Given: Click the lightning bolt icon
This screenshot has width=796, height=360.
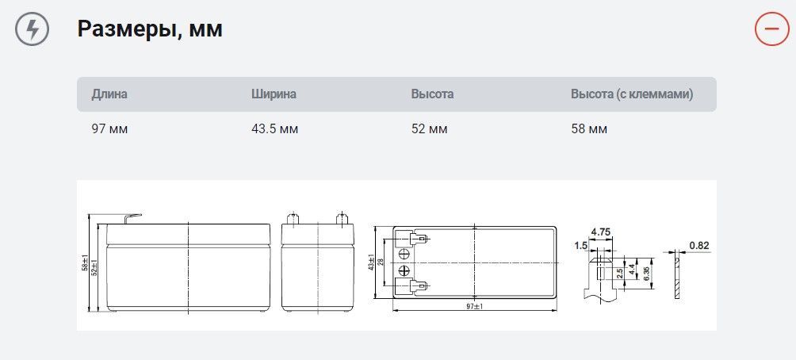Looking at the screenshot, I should pyautogui.click(x=33, y=29).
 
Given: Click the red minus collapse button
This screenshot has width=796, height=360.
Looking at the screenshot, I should pyautogui.click(x=771, y=29).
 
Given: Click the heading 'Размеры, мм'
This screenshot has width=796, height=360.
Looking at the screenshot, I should pyautogui.click(x=149, y=29).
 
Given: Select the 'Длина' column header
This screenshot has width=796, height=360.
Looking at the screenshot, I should pyautogui.click(x=109, y=94).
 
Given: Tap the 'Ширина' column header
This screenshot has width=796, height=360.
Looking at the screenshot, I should pyautogui.click(x=274, y=94).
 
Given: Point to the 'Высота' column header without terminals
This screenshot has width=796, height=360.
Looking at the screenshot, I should pyautogui.click(x=432, y=94).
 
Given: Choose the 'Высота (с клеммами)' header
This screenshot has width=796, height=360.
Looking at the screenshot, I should pyautogui.click(x=632, y=94).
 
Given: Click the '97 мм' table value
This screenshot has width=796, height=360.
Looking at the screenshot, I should pyautogui.click(x=109, y=128).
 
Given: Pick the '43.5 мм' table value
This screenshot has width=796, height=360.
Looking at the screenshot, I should pyautogui.click(x=274, y=128).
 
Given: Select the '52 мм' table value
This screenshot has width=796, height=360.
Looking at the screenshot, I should pyautogui.click(x=429, y=128).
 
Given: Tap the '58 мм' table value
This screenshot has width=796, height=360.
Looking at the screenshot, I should pyautogui.click(x=589, y=128).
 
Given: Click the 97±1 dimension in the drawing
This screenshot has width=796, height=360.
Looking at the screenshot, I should pyautogui.click(x=473, y=306).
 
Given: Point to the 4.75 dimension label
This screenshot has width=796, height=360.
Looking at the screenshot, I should pyautogui.click(x=600, y=232).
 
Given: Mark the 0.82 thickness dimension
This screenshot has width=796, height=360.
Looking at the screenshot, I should pyautogui.click(x=698, y=246).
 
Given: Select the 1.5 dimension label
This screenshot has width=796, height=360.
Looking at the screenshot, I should pyautogui.click(x=581, y=246).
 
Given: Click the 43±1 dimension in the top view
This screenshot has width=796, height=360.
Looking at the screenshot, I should pyautogui.click(x=371, y=262).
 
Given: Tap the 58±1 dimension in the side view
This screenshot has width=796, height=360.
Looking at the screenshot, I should pyautogui.click(x=85, y=262).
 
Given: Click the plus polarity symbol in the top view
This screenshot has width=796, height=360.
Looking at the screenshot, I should pyautogui.click(x=404, y=270).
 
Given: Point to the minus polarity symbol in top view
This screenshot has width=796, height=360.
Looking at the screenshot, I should pyautogui.click(x=404, y=254).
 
